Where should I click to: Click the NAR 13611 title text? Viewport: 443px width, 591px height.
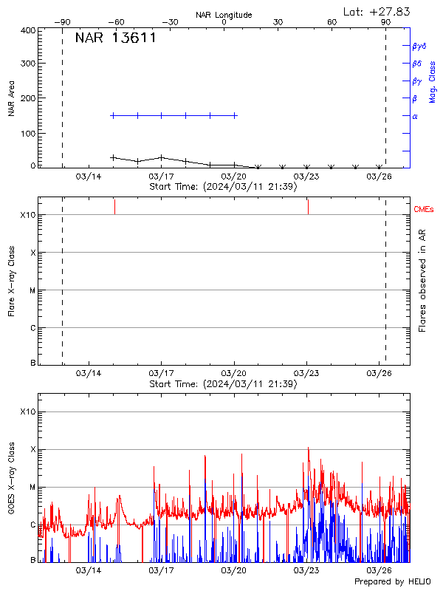[x=116, y=38]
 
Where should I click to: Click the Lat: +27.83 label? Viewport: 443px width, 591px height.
[x=377, y=11]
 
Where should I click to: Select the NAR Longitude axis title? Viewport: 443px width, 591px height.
[x=224, y=15]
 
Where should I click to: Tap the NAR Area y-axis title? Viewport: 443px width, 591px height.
[x=12, y=99]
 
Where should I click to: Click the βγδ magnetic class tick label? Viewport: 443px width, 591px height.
[x=419, y=46]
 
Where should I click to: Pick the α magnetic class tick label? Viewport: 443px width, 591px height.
[x=415, y=117]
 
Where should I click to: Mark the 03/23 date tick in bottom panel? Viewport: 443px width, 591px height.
[x=306, y=570]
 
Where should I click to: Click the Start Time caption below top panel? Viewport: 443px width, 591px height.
[x=223, y=187]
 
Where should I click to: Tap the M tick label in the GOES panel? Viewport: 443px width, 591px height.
[x=32, y=488]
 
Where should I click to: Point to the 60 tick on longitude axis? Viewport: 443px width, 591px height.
[x=332, y=23]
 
